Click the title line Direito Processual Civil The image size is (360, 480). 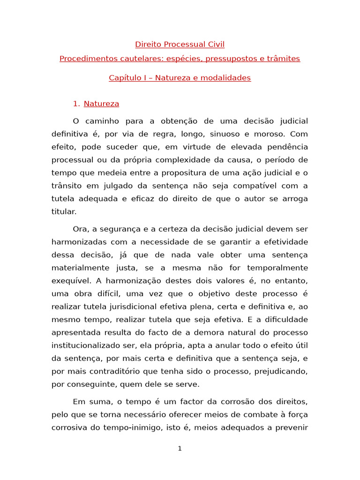pyautogui.click(x=180, y=45)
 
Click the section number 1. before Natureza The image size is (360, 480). pyautogui.click(x=76, y=104)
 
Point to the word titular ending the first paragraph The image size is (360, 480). pyautogui.click(x=63, y=211)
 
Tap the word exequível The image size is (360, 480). pyautogui.click(x=71, y=281)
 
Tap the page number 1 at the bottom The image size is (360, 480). pyautogui.click(x=180, y=449)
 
